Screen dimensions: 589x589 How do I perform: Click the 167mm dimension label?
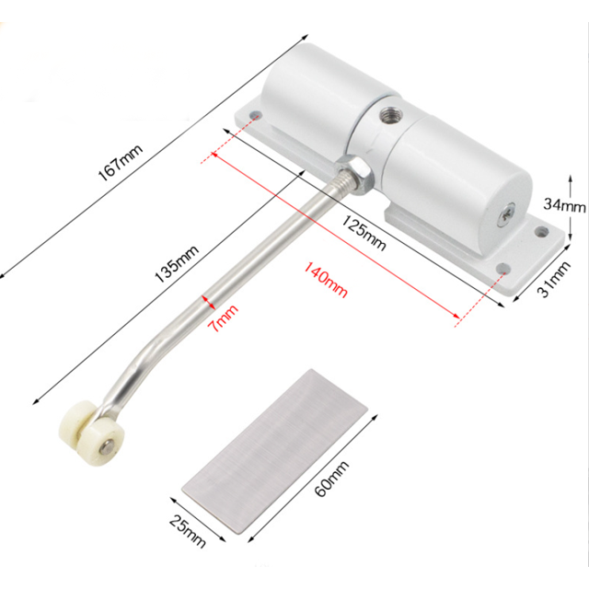coord(121,163)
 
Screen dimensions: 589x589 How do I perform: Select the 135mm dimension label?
coord(177,264)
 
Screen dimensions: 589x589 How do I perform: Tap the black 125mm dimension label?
coord(364,233)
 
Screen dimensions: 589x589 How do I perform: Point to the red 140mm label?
coord(325,280)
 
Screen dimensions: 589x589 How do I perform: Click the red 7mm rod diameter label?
coord(223,318)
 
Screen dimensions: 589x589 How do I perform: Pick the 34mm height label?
coord(564,205)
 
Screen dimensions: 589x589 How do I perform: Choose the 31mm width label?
coord(554,279)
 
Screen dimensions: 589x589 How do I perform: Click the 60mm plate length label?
coord(331,479)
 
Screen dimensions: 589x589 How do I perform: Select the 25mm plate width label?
coord(188,531)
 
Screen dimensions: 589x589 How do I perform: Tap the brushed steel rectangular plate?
coord(274,450)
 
